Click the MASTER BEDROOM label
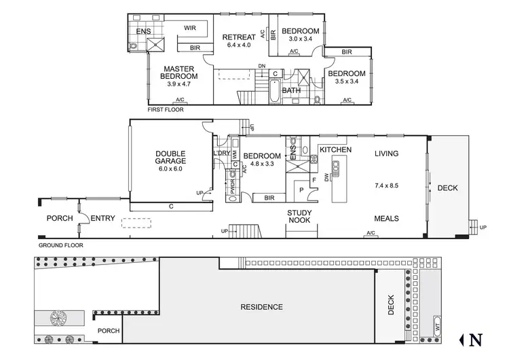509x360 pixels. (x=178, y=73)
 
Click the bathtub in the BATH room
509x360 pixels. (x=275, y=92)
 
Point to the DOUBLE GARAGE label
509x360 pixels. (x=170, y=158)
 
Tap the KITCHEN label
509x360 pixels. (x=335, y=149)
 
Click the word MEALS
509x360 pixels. (x=385, y=218)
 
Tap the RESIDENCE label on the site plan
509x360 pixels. (x=261, y=307)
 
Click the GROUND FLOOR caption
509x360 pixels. (x=60, y=245)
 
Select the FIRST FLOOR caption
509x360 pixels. (x=166, y=109)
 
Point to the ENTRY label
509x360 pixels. (x=102, y=219)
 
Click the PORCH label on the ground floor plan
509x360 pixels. (x=59, y=219)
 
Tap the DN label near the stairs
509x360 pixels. (x=261, y=66)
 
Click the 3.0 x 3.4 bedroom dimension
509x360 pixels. (x=300, y=39)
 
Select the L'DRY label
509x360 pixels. (x=221, y=153)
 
